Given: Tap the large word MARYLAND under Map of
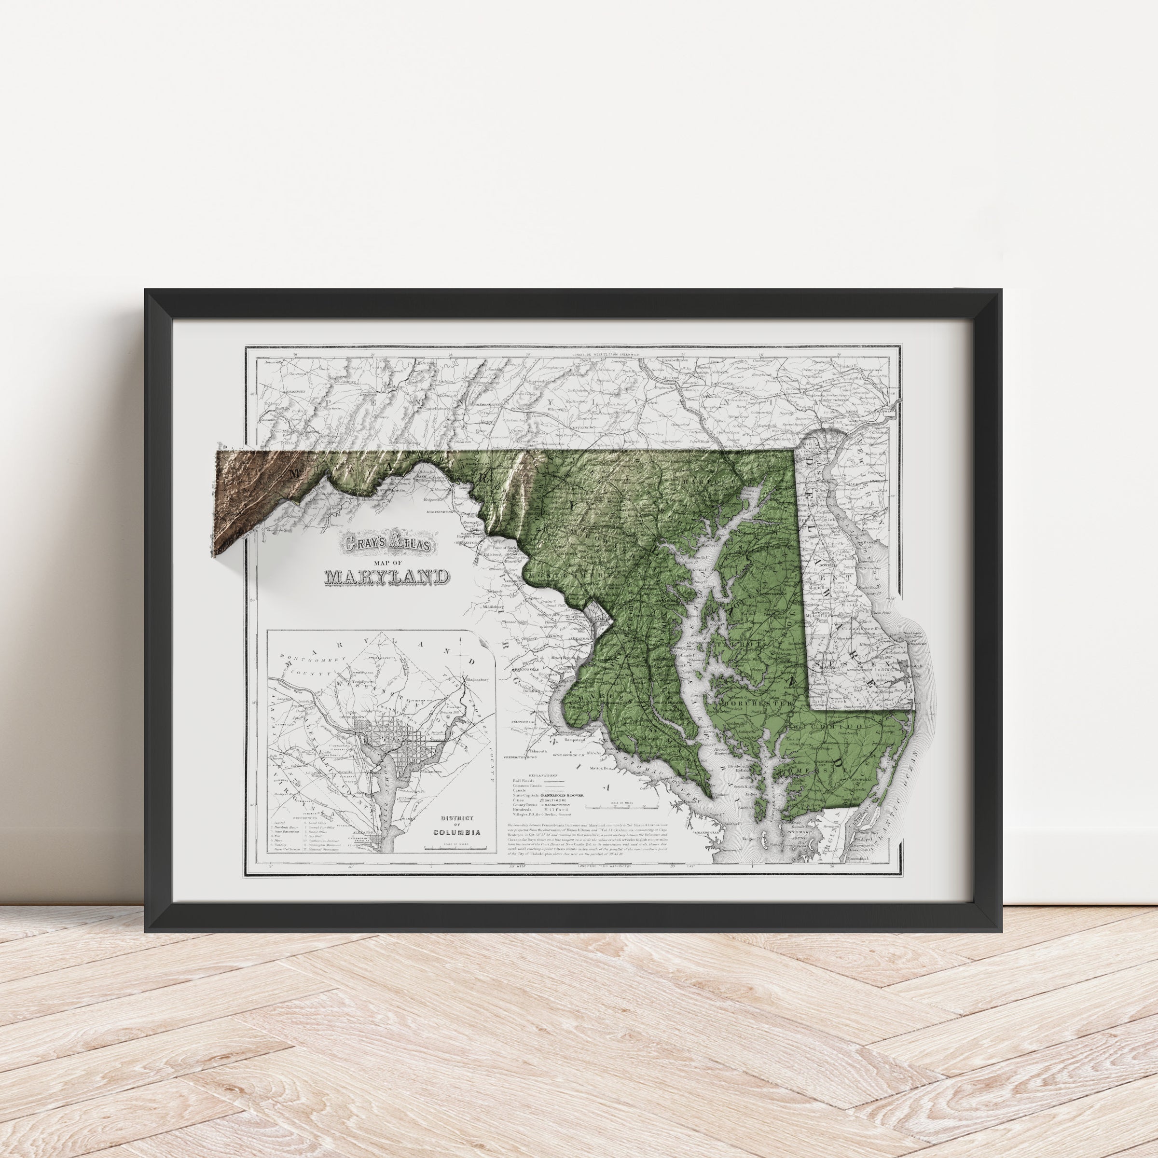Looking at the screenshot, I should tap(386, 577).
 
